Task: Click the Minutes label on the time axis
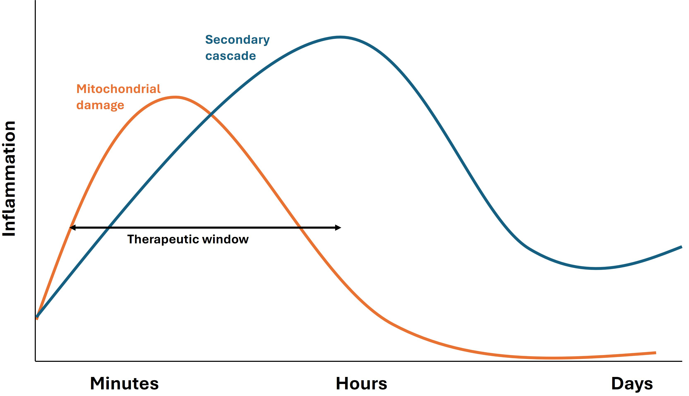click(124, 384)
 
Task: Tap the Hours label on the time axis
click(361, 384)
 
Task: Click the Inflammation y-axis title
click(9, 179)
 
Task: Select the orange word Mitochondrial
click(119, 89)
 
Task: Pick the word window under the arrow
click(225, 239)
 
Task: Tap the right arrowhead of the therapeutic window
click(338, 228)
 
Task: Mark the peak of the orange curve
click(175, 97)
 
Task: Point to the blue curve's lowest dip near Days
click(596, 268)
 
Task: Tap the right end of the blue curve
click(681, 247)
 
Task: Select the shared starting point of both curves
click(37, 317)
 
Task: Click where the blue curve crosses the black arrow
click(108, 228)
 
